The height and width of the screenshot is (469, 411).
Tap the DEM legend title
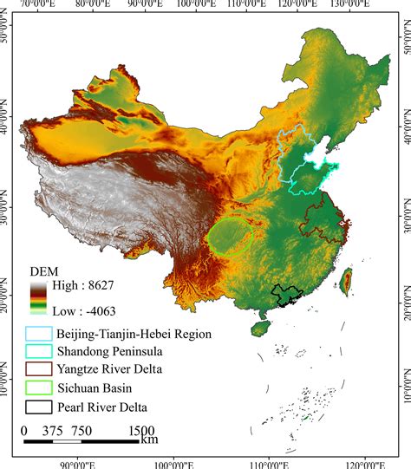(44, 270)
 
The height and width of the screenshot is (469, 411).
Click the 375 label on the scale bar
(54, 431)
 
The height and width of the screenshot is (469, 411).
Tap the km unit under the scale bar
(149, 440)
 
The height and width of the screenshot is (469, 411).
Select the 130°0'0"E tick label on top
(349, 5)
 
